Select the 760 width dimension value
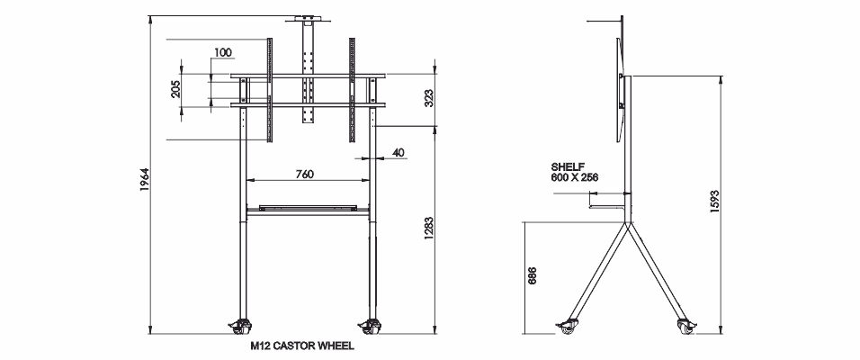point(304,175)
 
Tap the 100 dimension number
point(224,51)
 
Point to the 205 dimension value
point(176,89)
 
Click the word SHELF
point(569,166)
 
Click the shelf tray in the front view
point(307,208)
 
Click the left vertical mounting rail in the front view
point(268,90)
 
